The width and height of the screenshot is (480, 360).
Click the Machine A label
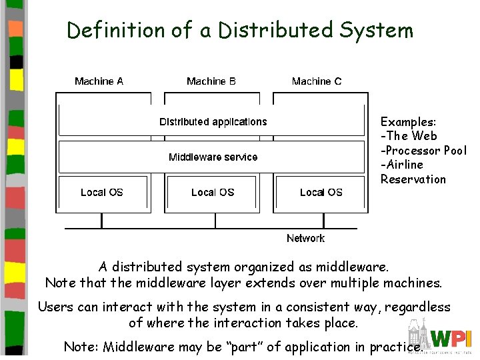[99, 81]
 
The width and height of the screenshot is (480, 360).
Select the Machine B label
[211, 81]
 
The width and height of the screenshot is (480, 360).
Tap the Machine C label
[317, 81]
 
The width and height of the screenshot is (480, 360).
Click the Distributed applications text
[213, 122]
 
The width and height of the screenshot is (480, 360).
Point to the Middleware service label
[213, 157]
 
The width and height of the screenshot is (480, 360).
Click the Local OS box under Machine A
[102, 193]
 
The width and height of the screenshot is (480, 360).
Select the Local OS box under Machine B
[213, 193]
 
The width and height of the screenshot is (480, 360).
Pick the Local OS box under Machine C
[321, 193]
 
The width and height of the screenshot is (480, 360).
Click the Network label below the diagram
[305, 239]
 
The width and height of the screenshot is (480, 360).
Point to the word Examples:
[408, 122]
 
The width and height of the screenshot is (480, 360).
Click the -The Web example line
[409, 136]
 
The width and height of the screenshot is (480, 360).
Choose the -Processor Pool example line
[423, 151]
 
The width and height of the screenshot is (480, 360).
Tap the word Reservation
[413, 179]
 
